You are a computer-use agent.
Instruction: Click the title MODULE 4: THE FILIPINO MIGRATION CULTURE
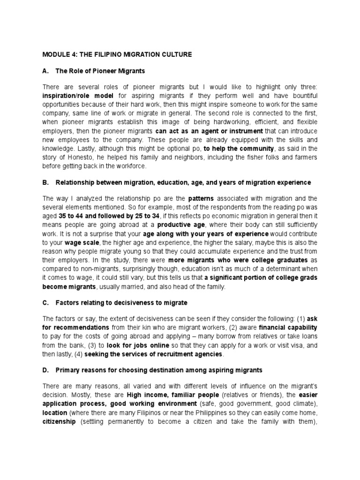[117, 55]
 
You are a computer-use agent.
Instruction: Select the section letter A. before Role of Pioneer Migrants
[46, 71]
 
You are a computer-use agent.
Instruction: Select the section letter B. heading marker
[46, 182]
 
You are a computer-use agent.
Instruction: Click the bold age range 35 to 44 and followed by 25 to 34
[108, 215]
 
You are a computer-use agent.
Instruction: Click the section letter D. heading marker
[46, 370]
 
